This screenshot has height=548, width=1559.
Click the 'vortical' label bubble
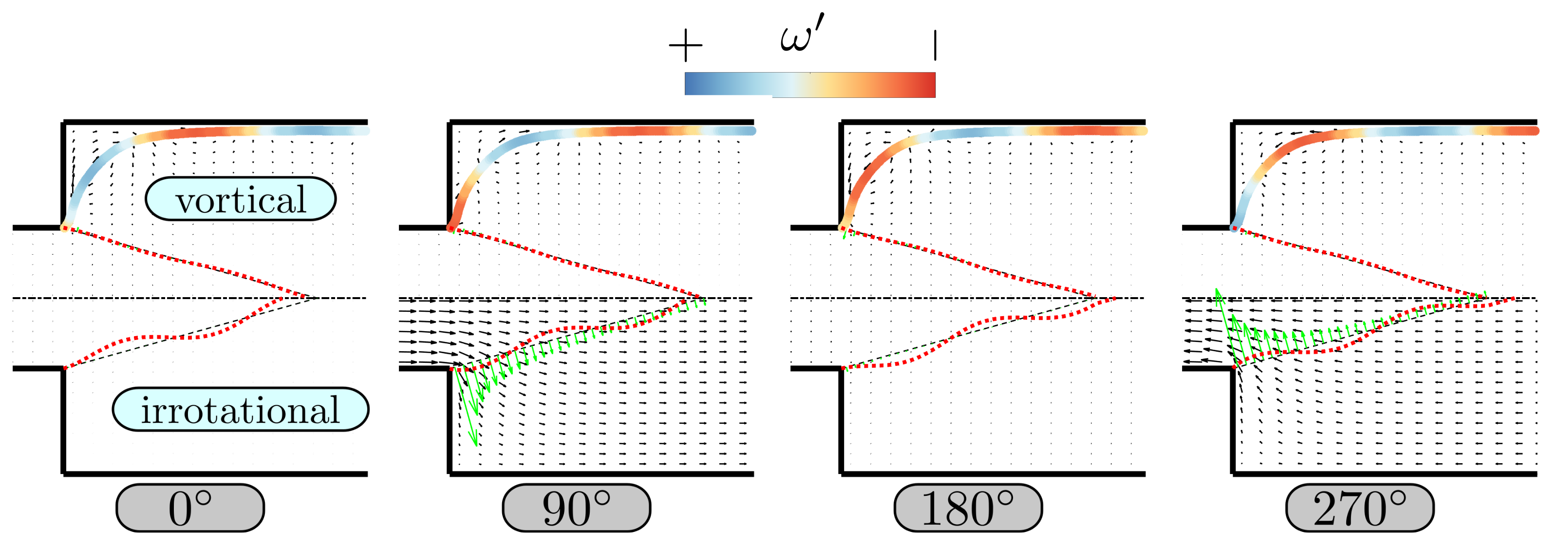(x=240, y=199)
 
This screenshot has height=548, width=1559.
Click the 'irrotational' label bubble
(x=240, y=409)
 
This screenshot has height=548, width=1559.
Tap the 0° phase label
(x=190, y=508)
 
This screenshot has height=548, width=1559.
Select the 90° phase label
(x=576, y=508)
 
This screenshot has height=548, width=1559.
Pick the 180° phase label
(x=968, y=508)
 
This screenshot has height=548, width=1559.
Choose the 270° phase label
(x=1359, y=508)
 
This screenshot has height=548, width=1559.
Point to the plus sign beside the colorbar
(x=685, y=45)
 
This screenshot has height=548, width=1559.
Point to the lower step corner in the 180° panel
(x=842, y=368)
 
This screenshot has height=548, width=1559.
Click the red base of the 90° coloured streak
(x=451, y=227)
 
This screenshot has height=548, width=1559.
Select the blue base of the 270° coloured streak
(x=1235, y=227)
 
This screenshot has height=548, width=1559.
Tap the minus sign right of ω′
(x=935, y=45)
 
